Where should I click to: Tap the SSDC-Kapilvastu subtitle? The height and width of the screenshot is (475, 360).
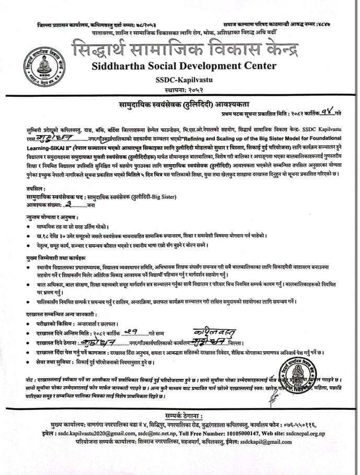180,79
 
